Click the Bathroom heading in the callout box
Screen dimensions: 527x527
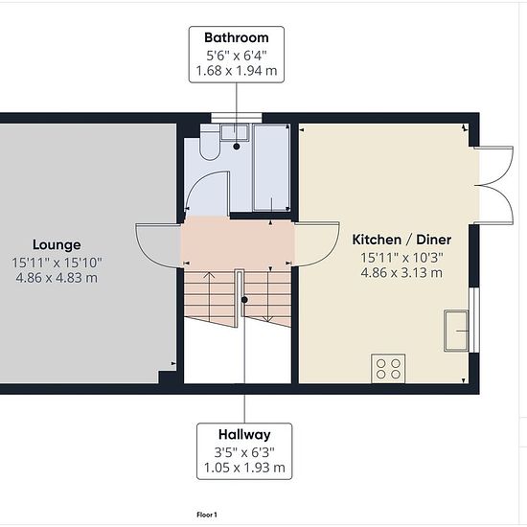pos(237,38)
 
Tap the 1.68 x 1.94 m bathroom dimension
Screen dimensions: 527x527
pos(237,71)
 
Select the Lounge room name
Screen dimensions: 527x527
pos(57,245)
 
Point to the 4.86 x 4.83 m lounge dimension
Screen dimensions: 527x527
pos(57,278)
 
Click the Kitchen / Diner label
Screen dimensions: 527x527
pos(401,240)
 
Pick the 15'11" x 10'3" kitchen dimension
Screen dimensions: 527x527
pos(401,258)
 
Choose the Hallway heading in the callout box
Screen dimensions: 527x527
pos(244,435)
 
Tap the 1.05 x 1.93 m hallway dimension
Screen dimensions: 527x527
pos(244,468)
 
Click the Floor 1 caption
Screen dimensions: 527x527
pos(207,515)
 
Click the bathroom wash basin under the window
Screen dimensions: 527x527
pos(235,132)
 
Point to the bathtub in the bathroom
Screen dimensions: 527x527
pos(271,168)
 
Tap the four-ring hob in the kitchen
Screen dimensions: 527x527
pos(388,368)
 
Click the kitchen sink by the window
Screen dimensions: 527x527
pos(456,332)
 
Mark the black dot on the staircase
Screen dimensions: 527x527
pos(245,300)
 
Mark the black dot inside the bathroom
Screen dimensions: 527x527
pos(237,147)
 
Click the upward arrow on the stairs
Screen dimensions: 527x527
pos(210,296)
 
